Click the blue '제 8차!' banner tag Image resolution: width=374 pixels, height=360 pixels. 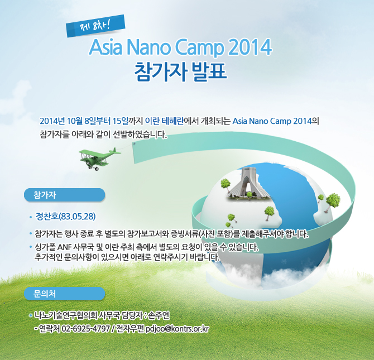click(95, 26)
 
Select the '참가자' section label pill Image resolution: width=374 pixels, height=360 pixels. click(64, 195)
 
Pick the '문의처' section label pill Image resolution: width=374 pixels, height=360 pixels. click(64, 294)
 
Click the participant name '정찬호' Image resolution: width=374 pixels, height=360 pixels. click(47, 217)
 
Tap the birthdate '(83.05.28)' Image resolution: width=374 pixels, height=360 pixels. click(77, 217)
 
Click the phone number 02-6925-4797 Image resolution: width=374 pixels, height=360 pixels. click(85, 329)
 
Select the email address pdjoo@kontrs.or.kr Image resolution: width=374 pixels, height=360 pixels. click(177, 329)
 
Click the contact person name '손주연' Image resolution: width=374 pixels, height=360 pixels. click(159, 315)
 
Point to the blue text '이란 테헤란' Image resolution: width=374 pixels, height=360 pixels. click(165, 121)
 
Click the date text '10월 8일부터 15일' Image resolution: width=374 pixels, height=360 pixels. click(98, 121)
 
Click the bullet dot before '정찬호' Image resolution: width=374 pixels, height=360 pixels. click(31, 217)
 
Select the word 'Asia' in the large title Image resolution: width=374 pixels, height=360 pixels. click(106, 47)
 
